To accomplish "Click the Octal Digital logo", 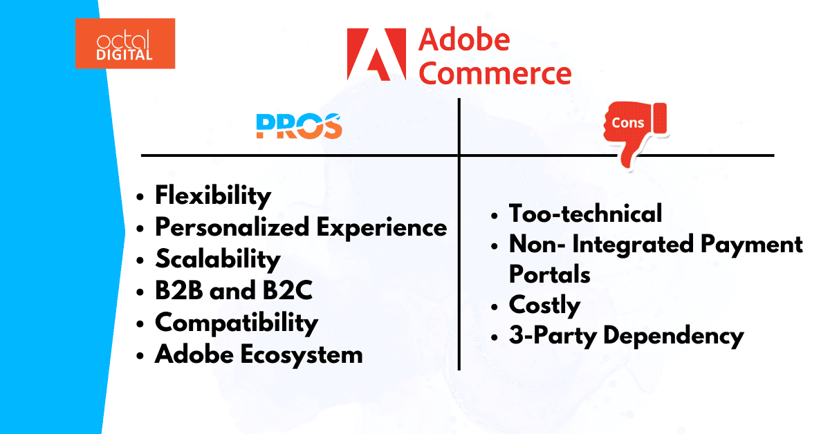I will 125,44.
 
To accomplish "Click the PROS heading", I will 299,126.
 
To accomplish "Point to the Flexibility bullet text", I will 213,196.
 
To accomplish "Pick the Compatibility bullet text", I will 236,322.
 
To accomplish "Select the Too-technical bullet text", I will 585,213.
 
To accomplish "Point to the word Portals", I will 549,274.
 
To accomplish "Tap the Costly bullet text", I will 544,305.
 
